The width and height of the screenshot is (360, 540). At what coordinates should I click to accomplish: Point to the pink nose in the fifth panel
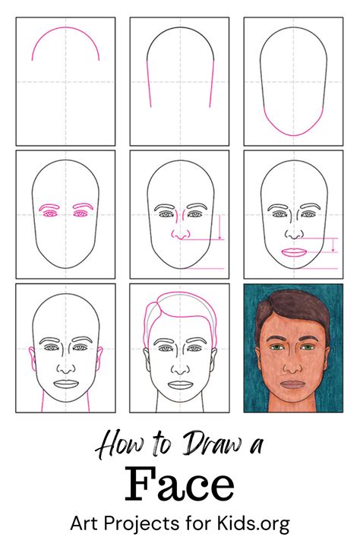[179, 235]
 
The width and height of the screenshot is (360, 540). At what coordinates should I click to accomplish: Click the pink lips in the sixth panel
[293, 252]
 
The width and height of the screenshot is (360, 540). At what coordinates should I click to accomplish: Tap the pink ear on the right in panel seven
[100, 357]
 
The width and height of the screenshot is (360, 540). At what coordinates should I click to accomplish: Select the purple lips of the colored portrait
[292, 384]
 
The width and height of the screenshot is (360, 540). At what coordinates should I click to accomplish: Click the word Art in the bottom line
[86, 523]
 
